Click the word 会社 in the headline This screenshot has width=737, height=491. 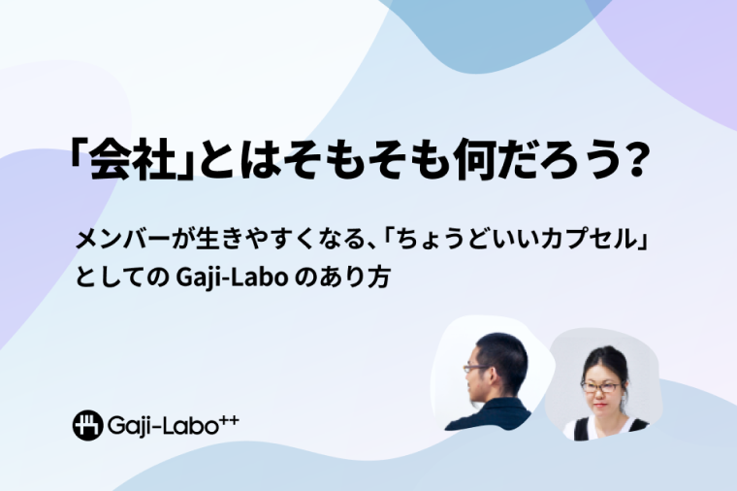tap(130, 159)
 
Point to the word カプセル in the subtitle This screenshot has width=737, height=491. tap(588, 240)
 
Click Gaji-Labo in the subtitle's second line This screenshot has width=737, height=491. tap(232, 278)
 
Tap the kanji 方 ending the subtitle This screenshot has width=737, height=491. tap(379, 277)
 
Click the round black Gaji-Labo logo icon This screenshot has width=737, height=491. tap(87, 425)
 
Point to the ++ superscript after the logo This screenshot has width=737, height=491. tap(229, 419)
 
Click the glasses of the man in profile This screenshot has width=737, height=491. tap(476, 368)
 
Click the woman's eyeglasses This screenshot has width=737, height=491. tap(600, 387)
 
